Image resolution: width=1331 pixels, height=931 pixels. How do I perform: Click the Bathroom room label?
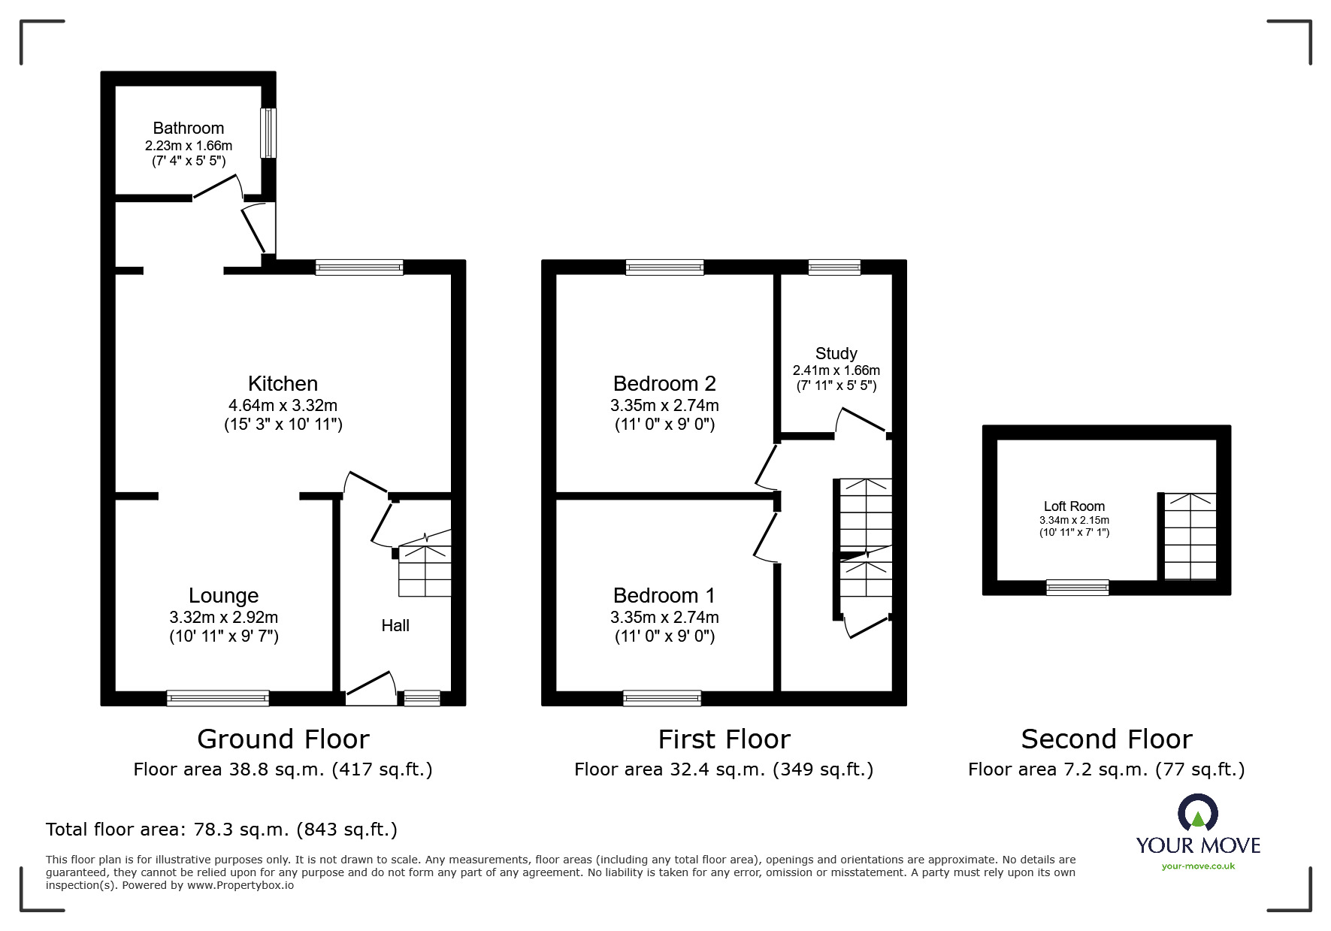point(188,128)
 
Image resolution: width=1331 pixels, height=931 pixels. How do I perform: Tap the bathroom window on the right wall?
point(268,133)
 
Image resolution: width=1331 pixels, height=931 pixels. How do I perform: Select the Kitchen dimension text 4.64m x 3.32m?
point(283,405)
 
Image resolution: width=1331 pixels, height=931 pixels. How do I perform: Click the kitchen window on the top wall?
point(359,267)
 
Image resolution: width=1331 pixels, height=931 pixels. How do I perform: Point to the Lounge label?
point(223,595)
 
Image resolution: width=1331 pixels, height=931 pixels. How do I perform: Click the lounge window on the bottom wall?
point(217,698)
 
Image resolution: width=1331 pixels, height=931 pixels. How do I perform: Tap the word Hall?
point(395,625)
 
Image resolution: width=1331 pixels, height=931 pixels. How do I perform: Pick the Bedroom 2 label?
point(664,383)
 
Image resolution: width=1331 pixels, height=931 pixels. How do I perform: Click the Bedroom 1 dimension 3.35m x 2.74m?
point(664,617)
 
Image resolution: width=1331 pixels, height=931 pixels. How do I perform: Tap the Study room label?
point(836,353)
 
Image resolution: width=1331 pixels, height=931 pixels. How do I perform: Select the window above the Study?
point(834,267)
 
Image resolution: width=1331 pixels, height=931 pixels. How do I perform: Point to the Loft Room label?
point(1074,506)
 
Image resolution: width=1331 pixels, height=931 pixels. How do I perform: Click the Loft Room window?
point(1078,588)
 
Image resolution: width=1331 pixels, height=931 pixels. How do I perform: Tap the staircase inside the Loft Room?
point(1190,537)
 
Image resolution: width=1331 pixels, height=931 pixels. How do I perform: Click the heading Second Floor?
point(1106,739)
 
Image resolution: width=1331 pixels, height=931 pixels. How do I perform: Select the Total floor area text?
point(222,830)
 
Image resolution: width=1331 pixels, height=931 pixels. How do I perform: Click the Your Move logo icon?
point(1197,815)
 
